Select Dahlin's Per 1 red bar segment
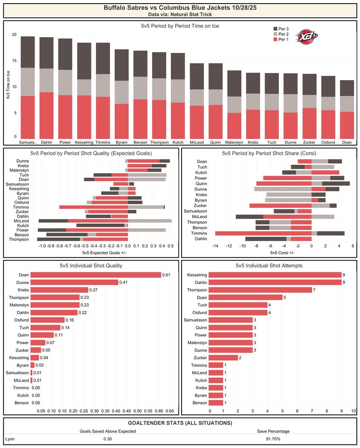coord(46,115)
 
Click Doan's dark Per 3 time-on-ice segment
coord(346,88)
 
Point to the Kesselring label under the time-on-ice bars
coord(84,142)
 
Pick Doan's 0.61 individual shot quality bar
coord(95,275)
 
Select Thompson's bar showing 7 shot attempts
coord(260,290)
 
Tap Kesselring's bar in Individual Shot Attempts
coord(275,275)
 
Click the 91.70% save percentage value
coord(273,439)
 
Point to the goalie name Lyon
coord(10,439)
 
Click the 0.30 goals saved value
coord(107,439)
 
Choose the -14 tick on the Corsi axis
coord(215,246)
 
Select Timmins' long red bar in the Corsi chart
coord(263,233)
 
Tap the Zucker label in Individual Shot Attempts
coord(200,358)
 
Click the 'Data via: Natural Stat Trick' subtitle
coord(179,15)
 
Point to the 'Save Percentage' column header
coord(273,431)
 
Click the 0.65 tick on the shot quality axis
coord(169,411)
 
